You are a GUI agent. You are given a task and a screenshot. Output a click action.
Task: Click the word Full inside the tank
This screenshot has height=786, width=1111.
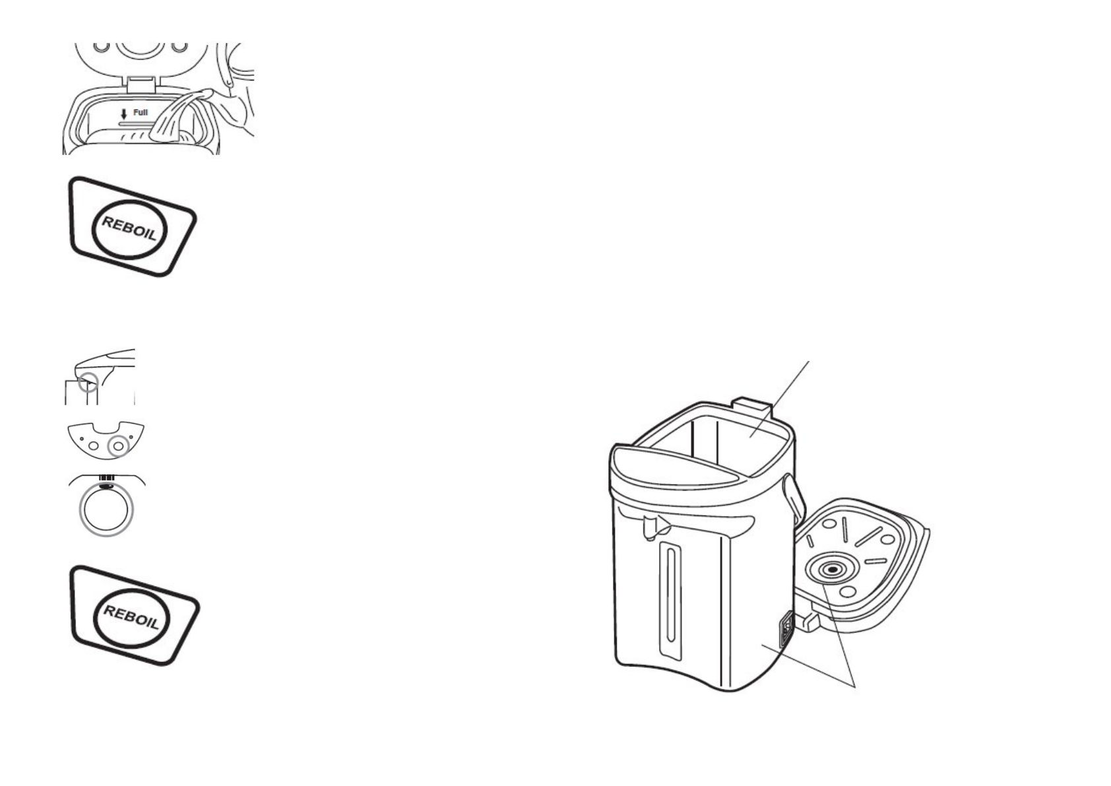click(141, 113)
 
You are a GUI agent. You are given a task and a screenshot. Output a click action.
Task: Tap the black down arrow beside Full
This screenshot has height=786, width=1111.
click(123, 114)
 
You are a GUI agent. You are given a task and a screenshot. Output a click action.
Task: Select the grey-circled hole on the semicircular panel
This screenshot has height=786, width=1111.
click(119, 446)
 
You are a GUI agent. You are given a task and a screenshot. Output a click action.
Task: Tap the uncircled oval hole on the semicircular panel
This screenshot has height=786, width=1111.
click(94, 446)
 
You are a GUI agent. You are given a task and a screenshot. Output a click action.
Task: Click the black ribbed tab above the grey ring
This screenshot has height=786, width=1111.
click(107, 478)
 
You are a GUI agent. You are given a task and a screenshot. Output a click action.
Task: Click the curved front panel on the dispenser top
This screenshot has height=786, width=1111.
click(666, 465)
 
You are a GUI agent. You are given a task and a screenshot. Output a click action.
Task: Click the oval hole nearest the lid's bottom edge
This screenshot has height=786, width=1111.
click(849, 591)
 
